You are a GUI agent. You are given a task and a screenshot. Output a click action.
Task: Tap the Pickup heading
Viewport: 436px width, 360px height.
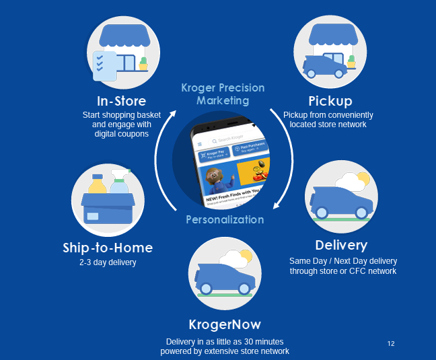tap(330, 102)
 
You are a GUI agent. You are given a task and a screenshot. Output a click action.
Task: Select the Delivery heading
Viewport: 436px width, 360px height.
tap(341, 245)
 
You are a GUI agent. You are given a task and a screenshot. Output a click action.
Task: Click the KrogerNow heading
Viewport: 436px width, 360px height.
tap(225, 324)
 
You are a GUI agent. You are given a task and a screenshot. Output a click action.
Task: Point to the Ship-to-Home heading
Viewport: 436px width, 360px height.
tap(108, 248)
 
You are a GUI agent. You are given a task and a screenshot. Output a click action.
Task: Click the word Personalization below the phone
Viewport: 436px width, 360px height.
tap(225, 219)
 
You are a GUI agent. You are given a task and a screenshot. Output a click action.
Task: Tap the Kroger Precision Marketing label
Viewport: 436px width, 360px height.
tap(223, 94)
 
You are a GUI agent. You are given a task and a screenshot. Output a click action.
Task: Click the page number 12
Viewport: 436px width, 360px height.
tap(391, 344)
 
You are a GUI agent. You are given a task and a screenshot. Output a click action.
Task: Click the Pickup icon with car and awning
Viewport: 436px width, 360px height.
tap(329, 50)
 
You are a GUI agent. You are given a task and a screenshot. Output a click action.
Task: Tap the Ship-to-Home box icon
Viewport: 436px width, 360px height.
tap(108, 199)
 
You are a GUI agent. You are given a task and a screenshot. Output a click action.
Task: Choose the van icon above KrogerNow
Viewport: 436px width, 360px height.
tap(225, 273)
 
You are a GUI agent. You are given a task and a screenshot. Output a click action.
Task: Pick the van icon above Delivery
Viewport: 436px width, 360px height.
tap(341, 195)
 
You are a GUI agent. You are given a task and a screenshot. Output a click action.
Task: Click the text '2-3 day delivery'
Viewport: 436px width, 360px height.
tap(108, 262)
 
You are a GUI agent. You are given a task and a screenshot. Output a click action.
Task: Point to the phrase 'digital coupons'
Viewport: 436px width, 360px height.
tap(122, 134)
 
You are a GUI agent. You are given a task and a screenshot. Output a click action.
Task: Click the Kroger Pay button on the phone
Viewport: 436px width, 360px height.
tap(215, 154)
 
